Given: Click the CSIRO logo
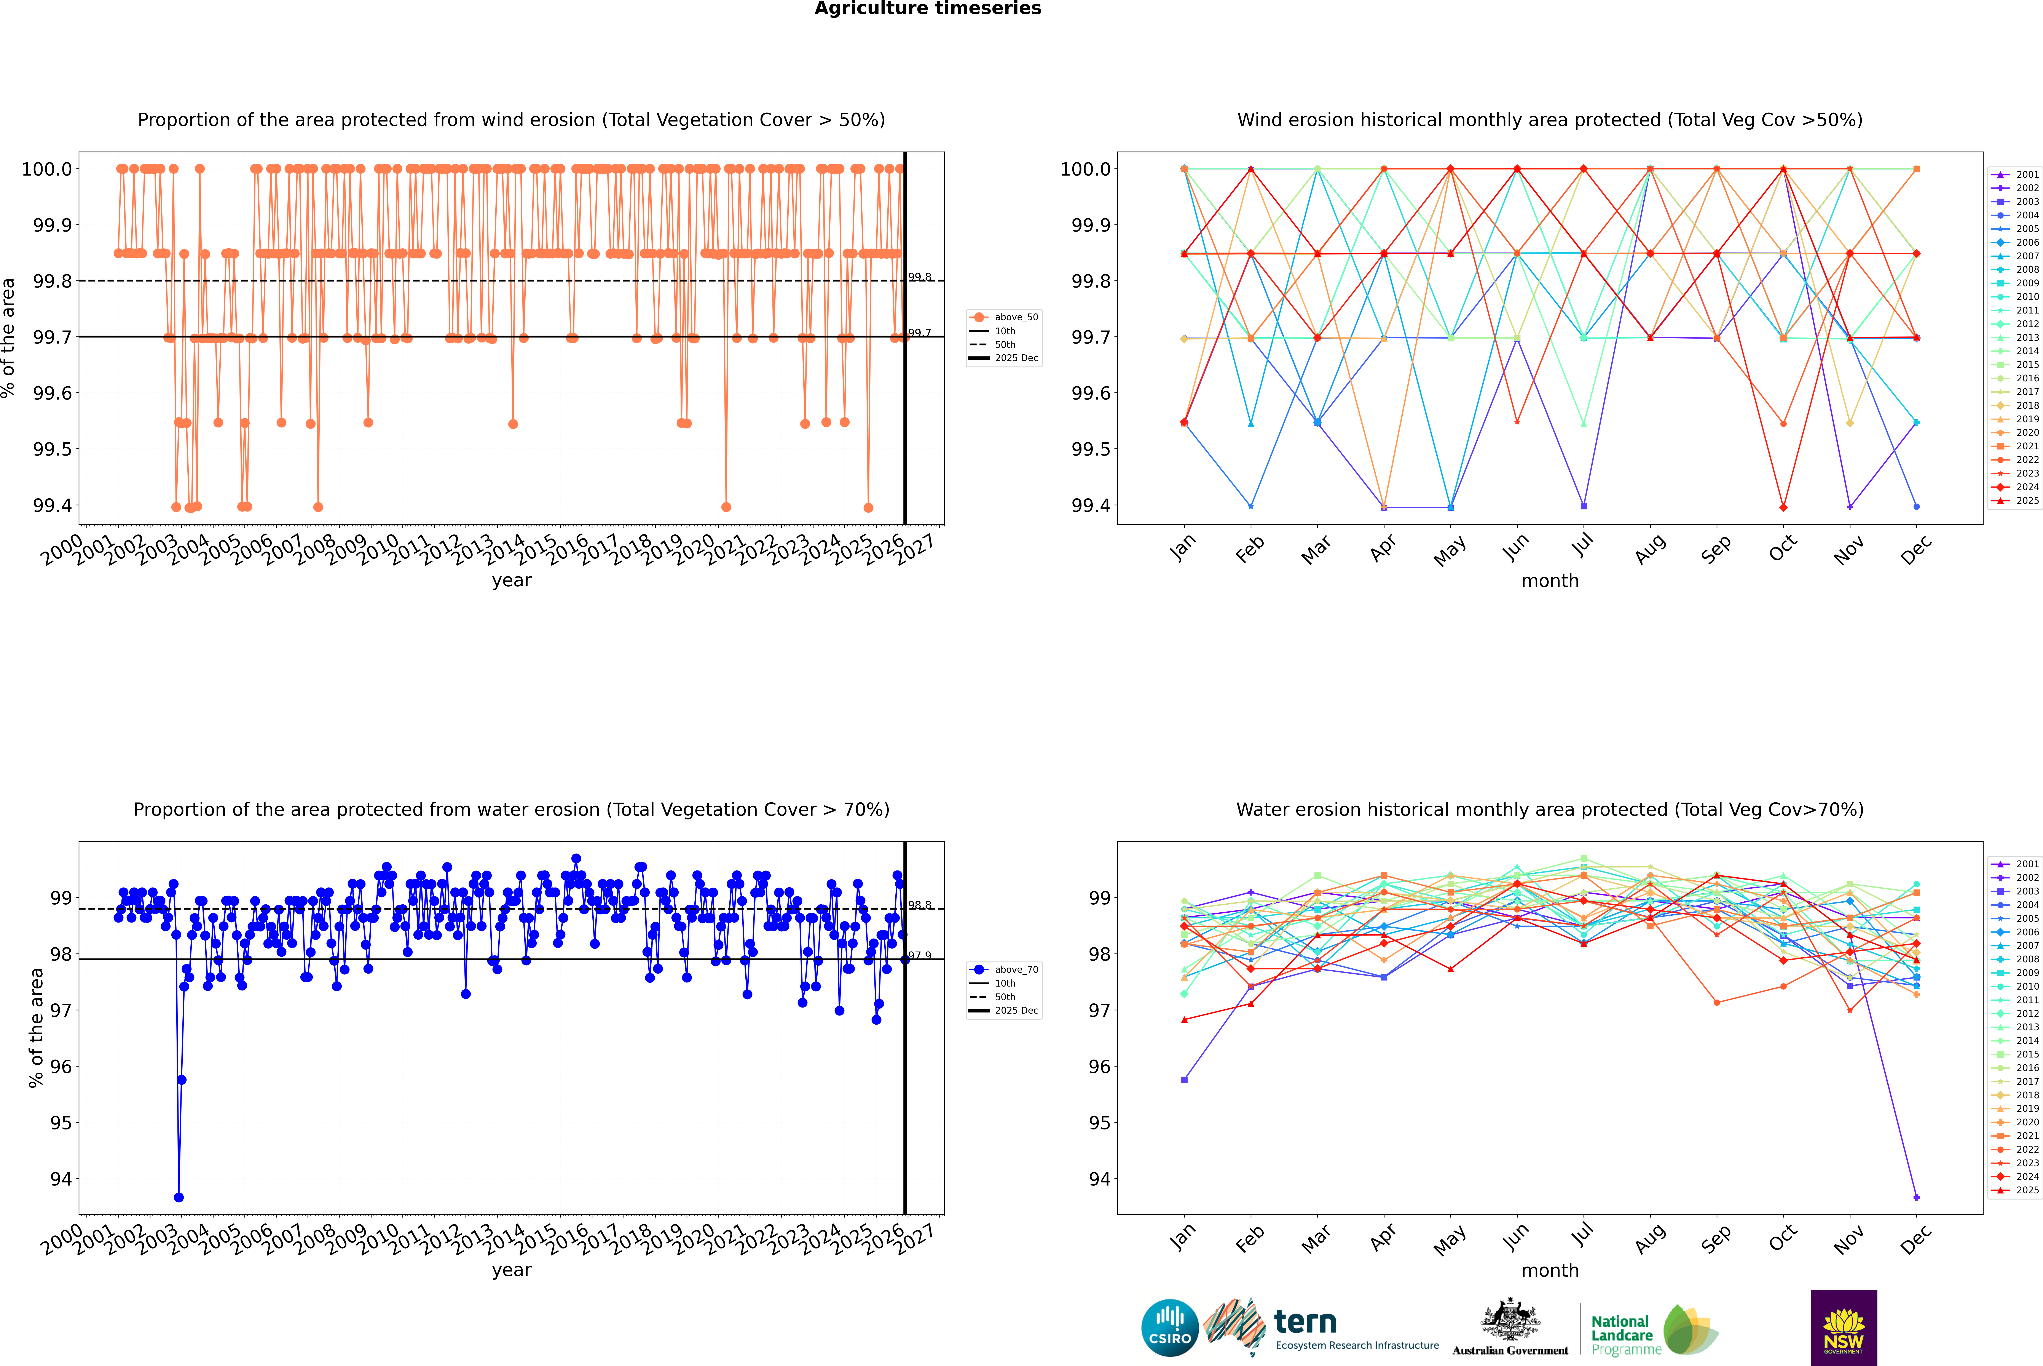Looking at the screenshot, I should click(x=1170, y=1328).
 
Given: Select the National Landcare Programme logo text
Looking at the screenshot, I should click(x=1622, y=1335).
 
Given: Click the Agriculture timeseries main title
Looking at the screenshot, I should click(x=927, y=9).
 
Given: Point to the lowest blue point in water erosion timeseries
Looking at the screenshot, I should click(x=179, y=1197).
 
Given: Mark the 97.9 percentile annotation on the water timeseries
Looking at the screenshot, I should click(x=920, y=956).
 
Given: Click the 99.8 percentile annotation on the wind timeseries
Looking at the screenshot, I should click(x=920, y=277).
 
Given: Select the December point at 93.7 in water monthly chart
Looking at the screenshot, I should click(x=1916, y=1197).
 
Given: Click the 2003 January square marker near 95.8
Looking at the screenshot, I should click(x=1184, y=1079).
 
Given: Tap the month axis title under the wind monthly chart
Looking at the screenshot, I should click(x=1549, y=581).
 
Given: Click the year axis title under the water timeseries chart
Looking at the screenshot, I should click(x=511, y=1270).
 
